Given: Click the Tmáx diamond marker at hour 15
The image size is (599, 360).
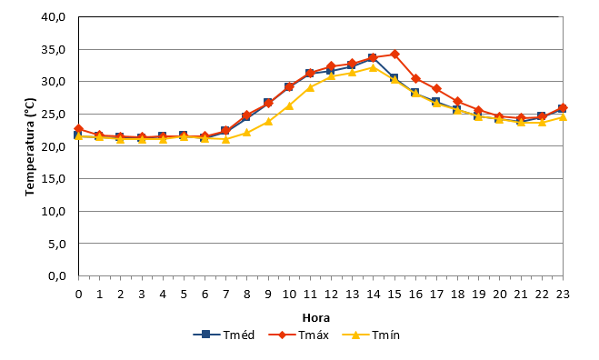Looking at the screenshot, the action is tap(394, 55).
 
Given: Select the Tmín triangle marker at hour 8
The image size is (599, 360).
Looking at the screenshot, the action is tap(247, 132).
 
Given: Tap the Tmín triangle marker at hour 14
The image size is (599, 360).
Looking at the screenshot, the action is tap(374, 67).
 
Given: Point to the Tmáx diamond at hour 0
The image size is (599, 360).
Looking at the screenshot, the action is tap(79, 129).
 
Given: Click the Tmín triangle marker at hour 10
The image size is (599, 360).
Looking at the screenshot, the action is tap(289, 105).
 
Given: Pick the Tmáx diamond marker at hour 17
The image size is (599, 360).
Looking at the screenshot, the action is tap(436, 89).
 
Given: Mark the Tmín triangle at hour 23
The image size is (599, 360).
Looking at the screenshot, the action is tap(563, 116).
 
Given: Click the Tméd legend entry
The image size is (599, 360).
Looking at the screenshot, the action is tap(224, 335).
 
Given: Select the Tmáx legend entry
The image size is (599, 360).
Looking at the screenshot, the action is tap(298, 335).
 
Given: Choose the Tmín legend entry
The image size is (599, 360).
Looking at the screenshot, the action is tap(371, 335).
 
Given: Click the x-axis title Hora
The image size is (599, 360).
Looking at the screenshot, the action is tap(316, 317).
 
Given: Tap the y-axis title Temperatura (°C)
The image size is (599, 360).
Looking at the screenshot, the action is tap(30, 147).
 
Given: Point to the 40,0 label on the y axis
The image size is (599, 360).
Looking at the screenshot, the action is tap(54, 17).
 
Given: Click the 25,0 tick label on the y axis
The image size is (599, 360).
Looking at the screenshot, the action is tap(54, 115).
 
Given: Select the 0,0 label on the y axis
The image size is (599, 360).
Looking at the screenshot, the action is tap(57, 276).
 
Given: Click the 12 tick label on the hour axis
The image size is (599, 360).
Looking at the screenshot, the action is tap(331, 295).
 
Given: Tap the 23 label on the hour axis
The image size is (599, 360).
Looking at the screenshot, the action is tap(563, 295).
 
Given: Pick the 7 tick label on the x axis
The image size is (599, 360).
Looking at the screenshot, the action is tap(225, 295).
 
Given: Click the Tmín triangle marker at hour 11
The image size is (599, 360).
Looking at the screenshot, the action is tap(310, 87).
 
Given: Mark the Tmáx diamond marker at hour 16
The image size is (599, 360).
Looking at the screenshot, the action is tap(415, 79).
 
